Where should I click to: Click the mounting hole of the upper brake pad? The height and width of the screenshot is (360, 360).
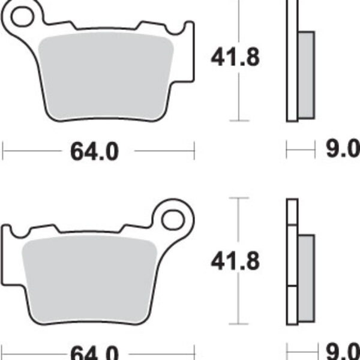point(22,17)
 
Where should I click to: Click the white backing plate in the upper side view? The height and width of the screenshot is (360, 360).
point(292,60)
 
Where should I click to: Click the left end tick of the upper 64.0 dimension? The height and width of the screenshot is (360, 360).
point(3,151)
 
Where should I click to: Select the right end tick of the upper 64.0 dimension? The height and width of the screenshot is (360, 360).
point(194,151)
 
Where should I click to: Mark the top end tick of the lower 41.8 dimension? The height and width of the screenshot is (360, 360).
point(239,197)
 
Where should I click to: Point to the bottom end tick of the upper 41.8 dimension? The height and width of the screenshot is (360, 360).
point(239,121)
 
